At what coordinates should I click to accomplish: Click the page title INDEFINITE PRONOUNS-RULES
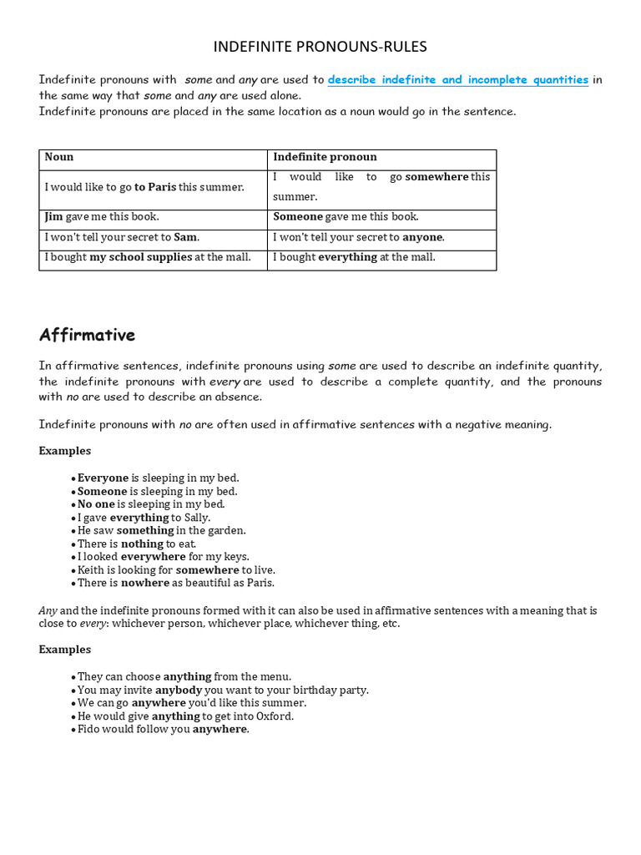[320, 47]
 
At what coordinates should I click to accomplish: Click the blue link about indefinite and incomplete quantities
[457, 80]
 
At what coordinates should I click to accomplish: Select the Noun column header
[59, 157]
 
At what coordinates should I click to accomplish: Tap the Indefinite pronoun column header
[325, 157]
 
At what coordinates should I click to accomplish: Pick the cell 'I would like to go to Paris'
[144, 187]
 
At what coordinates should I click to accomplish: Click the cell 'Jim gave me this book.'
[102, 217]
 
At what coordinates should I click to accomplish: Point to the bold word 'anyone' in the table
[422, 237]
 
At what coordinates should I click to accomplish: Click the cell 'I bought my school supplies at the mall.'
[148, 257]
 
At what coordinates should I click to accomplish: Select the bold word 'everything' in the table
[348, 257]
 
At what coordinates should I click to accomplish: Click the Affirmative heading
[87, 336]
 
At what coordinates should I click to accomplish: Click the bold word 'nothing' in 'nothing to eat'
[142, 544]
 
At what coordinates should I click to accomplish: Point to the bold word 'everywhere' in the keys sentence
[154, 557]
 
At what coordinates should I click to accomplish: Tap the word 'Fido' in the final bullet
[88, 729]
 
